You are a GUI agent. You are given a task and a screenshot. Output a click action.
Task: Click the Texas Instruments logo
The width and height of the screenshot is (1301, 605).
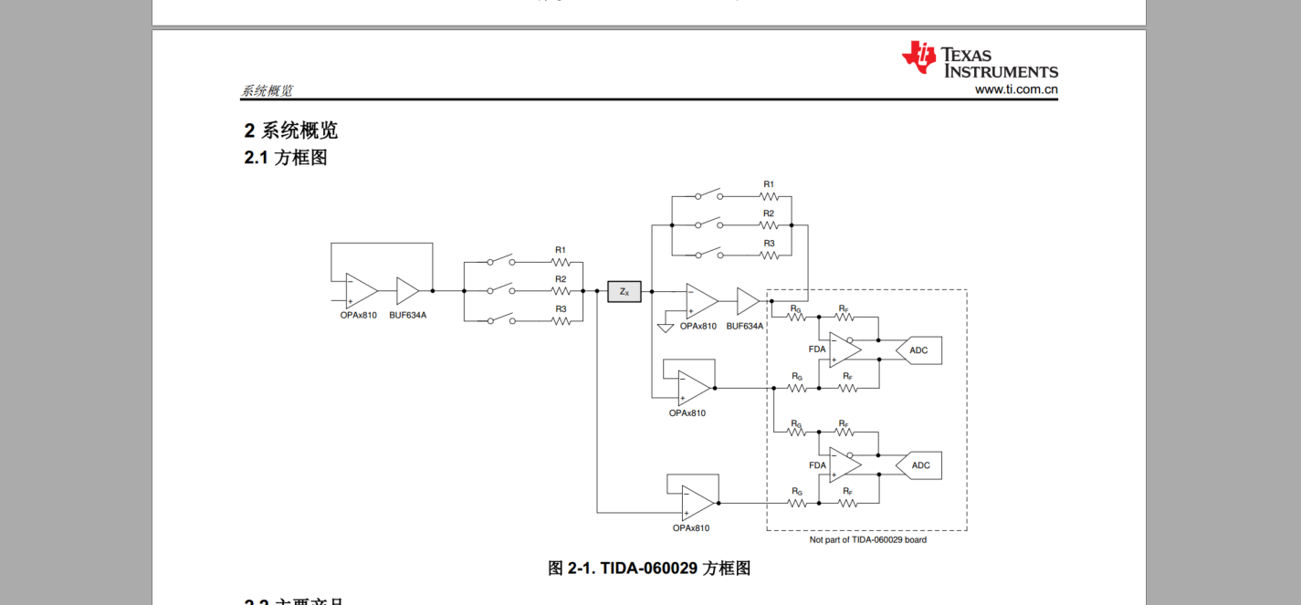tap(979, 60)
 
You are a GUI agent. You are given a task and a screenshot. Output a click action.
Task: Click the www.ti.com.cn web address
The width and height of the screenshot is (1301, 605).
tap(1015, 89)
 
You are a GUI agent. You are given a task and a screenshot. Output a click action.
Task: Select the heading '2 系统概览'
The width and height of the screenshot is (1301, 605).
tap(290, 130)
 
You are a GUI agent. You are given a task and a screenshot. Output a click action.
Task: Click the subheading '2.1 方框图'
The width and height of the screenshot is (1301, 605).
tap(285, 157)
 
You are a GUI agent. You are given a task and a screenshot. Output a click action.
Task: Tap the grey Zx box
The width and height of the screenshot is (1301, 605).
tap(624, 291)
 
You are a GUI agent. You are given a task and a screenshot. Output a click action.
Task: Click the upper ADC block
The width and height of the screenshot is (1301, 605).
tap(918, 350)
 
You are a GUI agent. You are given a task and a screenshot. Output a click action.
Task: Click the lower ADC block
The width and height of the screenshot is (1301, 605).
tap(919, 465)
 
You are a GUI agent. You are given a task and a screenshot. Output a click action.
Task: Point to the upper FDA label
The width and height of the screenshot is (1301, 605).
tap(817, 349)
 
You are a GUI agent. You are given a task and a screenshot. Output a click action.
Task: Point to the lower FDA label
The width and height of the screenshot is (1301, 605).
tap(817, 465)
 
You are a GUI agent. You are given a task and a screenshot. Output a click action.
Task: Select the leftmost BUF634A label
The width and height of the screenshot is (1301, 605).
tap(407, 315)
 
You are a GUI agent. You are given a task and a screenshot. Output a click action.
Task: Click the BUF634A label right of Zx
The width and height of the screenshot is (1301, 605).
tap(745, 326)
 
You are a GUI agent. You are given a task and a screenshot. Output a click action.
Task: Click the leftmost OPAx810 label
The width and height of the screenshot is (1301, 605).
tap(358, 315)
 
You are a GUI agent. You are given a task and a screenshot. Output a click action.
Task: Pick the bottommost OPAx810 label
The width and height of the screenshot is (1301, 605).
tap(690, 528)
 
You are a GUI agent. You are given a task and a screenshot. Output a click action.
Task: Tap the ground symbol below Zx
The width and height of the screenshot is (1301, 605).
tap(666, 328)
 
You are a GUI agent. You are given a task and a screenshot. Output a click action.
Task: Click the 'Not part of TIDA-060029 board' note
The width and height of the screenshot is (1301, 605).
tap(867, 539)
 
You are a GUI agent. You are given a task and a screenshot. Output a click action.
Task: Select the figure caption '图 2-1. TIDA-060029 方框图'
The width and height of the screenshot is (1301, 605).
tap(649, 568)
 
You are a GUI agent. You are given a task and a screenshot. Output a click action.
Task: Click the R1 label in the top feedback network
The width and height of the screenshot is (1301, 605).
tap(769, 184)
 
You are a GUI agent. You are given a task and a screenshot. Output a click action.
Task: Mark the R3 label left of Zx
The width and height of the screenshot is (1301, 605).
tap(561, 309)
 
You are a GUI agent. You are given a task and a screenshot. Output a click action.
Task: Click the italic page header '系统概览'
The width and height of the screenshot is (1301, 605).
tap(267, 91)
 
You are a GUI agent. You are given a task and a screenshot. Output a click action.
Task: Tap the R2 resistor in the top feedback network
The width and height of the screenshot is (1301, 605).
tap(769, 224)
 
